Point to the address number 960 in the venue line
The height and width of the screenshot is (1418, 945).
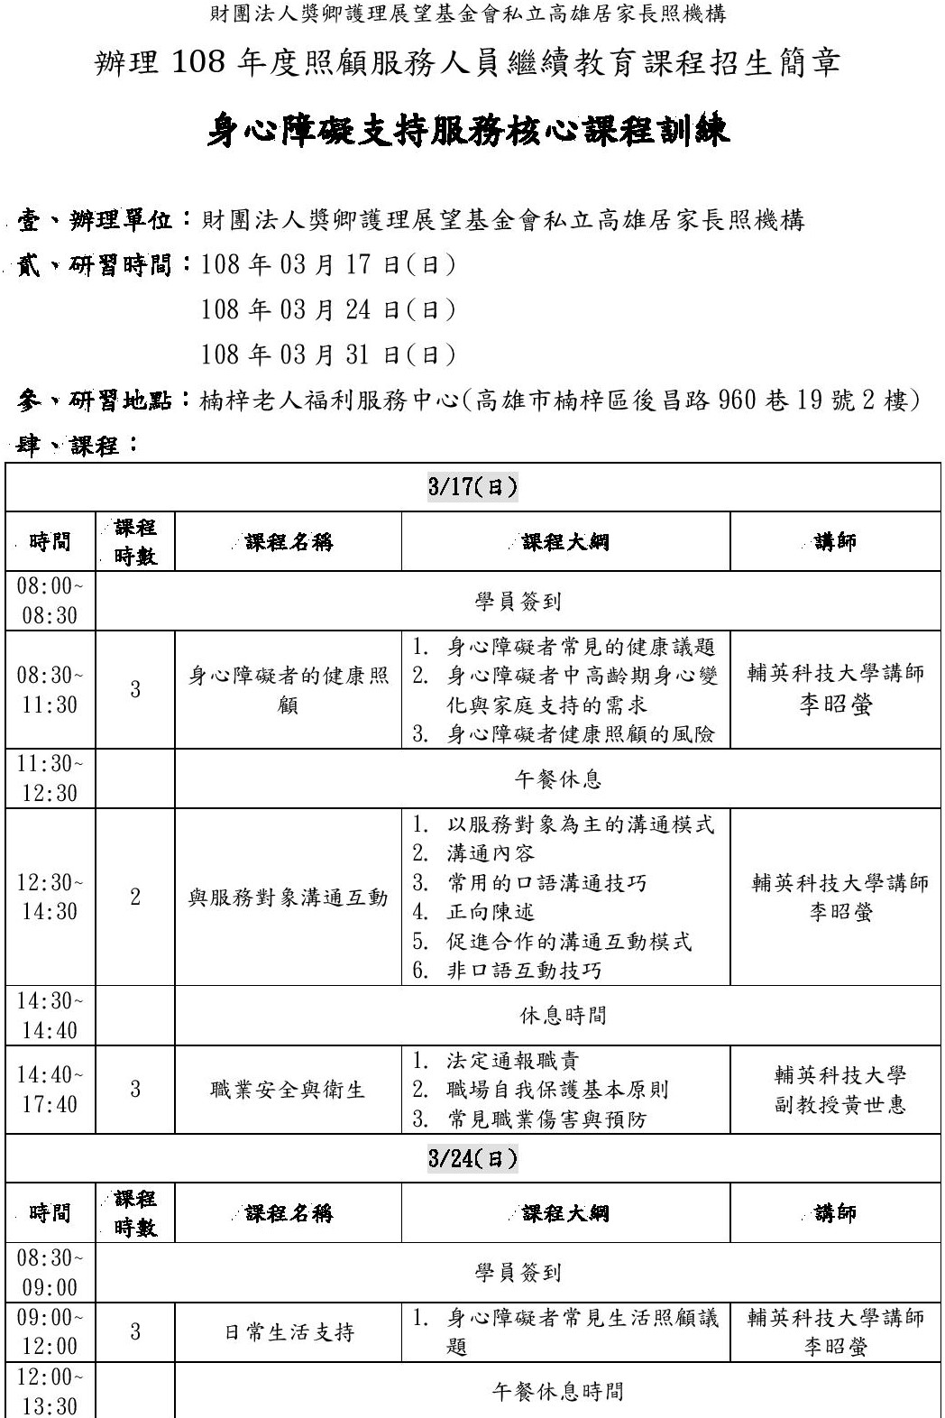click(737, 400)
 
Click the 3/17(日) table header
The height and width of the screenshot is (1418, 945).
click(472, 488)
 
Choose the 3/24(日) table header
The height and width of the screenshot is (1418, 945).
click(472, 1159)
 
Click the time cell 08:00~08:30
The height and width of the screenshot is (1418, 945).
click(50, 601)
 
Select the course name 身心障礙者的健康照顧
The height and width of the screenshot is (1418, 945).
click(289, 690)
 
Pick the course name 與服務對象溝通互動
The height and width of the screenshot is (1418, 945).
click(289, 898)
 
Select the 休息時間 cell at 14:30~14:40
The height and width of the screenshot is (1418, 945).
click(563, 1016)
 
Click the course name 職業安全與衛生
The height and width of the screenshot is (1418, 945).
click(289, 1090)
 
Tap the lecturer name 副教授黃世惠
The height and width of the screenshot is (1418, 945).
click(839, 1105)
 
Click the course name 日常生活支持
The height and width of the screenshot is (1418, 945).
click(289, 1332)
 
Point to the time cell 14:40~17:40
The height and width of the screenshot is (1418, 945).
click(50, 1090)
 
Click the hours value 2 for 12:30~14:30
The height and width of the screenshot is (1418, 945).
click(135, 898)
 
